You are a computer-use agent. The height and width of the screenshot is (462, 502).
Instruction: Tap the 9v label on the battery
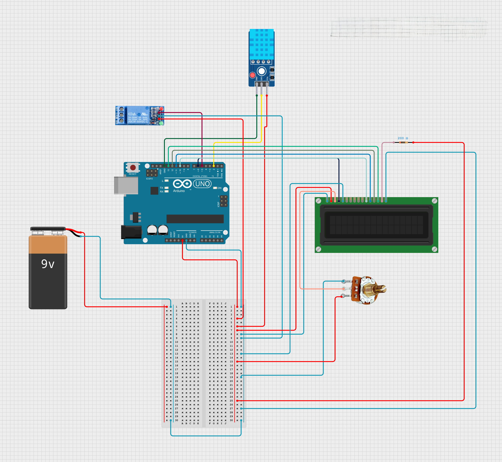pos(48,264)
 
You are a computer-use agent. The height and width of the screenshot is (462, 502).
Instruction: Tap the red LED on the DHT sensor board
pos(252,75)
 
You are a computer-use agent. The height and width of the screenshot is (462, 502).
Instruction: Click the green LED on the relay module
pos(161,123)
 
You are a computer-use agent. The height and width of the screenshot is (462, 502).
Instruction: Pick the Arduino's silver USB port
pos(126,185)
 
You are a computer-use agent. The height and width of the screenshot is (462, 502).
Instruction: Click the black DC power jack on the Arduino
pos(131,232)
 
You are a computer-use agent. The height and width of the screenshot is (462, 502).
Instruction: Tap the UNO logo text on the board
pos(202,184)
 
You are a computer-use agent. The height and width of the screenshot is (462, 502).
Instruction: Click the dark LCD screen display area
pos(376,225)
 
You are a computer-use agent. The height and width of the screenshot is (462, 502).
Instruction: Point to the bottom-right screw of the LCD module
pos(435,249)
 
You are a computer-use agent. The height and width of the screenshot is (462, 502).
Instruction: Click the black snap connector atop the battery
pos(48,229)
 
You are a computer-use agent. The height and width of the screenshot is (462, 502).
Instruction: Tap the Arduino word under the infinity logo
pos(179,191)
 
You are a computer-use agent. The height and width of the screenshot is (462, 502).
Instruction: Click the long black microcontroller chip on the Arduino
pos(195,219)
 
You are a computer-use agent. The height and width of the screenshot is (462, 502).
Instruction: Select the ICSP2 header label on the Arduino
pos(149,179)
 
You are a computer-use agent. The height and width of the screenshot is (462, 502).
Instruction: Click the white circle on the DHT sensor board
pos(262,71)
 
